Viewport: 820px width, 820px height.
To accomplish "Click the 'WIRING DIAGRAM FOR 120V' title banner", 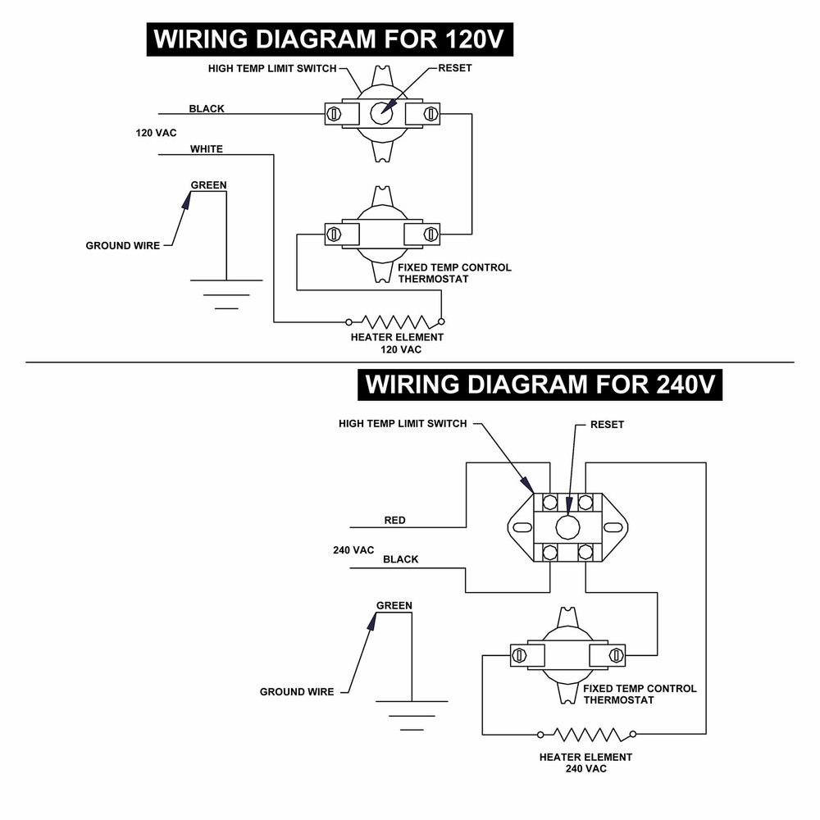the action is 330,39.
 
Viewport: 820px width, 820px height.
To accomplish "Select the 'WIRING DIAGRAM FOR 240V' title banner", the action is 540,385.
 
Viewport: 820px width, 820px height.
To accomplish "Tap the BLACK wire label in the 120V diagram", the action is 207,109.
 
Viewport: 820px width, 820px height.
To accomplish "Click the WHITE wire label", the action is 207,149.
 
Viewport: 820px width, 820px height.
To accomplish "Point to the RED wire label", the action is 395,521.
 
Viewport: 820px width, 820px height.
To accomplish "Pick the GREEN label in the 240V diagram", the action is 394,606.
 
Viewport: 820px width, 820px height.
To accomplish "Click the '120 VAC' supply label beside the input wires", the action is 157,133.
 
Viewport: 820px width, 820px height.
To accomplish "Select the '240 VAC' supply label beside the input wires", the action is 353,550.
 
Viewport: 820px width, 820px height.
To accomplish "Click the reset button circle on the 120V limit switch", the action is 381,113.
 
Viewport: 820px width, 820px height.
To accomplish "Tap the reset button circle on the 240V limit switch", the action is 567,527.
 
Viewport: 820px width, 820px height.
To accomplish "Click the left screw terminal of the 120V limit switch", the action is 334,113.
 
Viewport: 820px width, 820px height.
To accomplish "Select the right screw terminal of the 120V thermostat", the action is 431,234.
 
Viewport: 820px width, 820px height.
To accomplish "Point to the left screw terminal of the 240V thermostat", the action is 519,655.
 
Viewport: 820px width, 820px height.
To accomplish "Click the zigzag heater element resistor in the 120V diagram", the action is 395,321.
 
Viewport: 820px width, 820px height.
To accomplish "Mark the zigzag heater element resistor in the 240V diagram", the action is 587,734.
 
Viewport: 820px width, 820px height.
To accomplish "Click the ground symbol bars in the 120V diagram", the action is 226,294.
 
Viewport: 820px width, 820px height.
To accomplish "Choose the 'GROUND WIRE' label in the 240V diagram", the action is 297,692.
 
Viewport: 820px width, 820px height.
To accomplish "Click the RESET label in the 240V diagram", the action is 607,425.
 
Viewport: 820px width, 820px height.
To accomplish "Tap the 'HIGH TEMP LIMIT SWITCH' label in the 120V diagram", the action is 272,69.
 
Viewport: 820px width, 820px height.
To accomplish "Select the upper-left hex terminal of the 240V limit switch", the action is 549,503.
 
